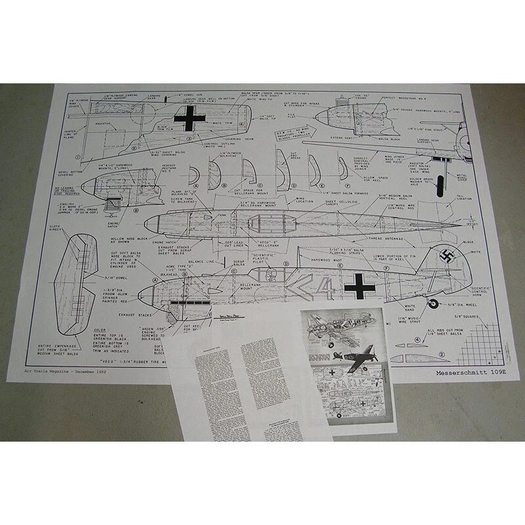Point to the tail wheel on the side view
point(432,303)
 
